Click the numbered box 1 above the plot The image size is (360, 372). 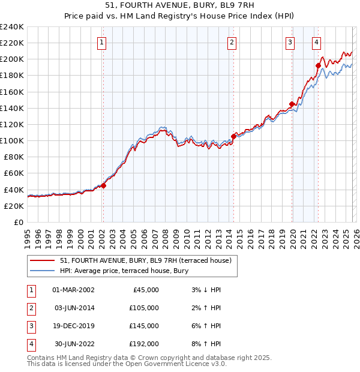click(102, 43)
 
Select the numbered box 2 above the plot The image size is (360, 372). click(232, 43)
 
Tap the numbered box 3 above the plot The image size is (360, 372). click(290, 43)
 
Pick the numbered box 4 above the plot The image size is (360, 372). click(316, 43)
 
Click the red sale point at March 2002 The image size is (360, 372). click(103, 185)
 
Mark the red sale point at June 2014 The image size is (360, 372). click(233, 136)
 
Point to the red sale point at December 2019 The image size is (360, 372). click(292, 104)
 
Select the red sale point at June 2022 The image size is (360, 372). click(319, 65)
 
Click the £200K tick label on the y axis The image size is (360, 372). click(12, 59)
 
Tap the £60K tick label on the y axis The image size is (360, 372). click(14, 173)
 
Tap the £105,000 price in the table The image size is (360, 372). click(145, 308)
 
